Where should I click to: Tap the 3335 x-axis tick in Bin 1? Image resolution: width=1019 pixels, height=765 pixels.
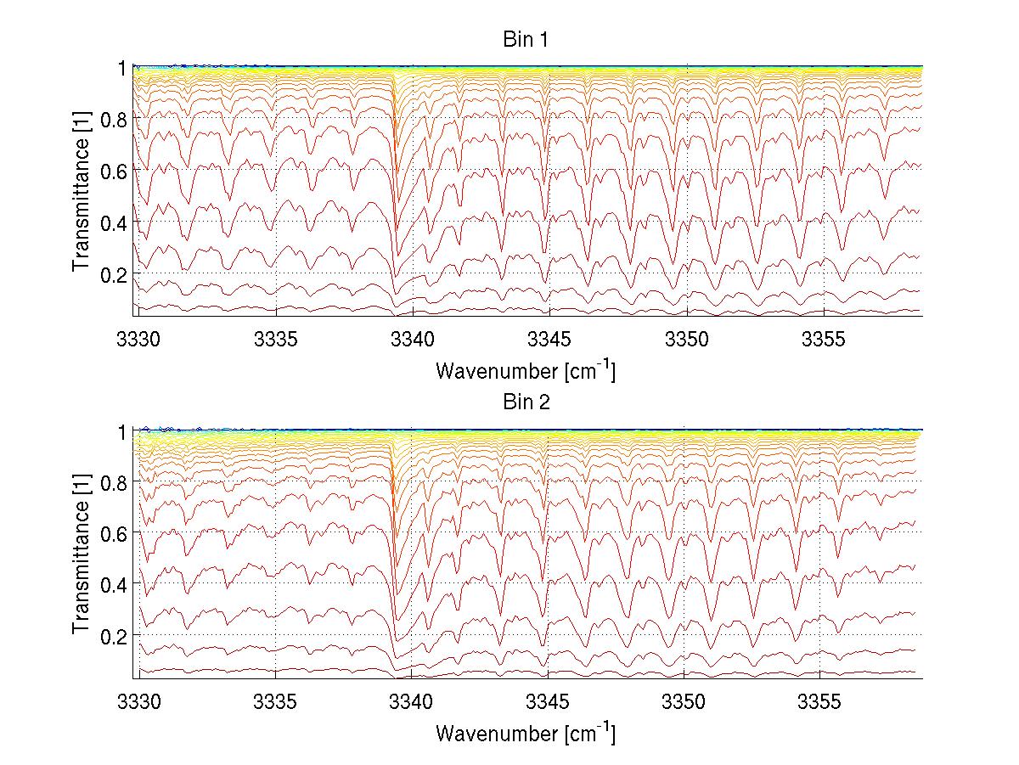pyautogui.click(x=275, y=340)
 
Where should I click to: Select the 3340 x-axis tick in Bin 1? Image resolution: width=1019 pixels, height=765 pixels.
pyautogui.click(x=412, y=340)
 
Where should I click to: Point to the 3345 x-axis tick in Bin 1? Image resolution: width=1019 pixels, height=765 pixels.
pyautogui.click(x=549, y=340)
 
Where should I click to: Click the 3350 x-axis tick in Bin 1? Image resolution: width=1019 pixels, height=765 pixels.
pyautogui.click(x=686, y=340)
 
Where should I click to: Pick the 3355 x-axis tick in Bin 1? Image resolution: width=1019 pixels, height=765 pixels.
pyautogui.click(x=823, y=340)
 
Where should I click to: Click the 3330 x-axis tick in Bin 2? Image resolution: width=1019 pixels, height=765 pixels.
pyautogui.click(x=138, y=703)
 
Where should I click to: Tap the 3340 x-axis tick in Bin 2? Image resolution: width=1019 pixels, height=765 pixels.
pyautogui.click(x=412, y=703)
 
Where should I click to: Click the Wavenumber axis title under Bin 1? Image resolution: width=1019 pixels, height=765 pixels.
pyautogui.click(x=526, y=370)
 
